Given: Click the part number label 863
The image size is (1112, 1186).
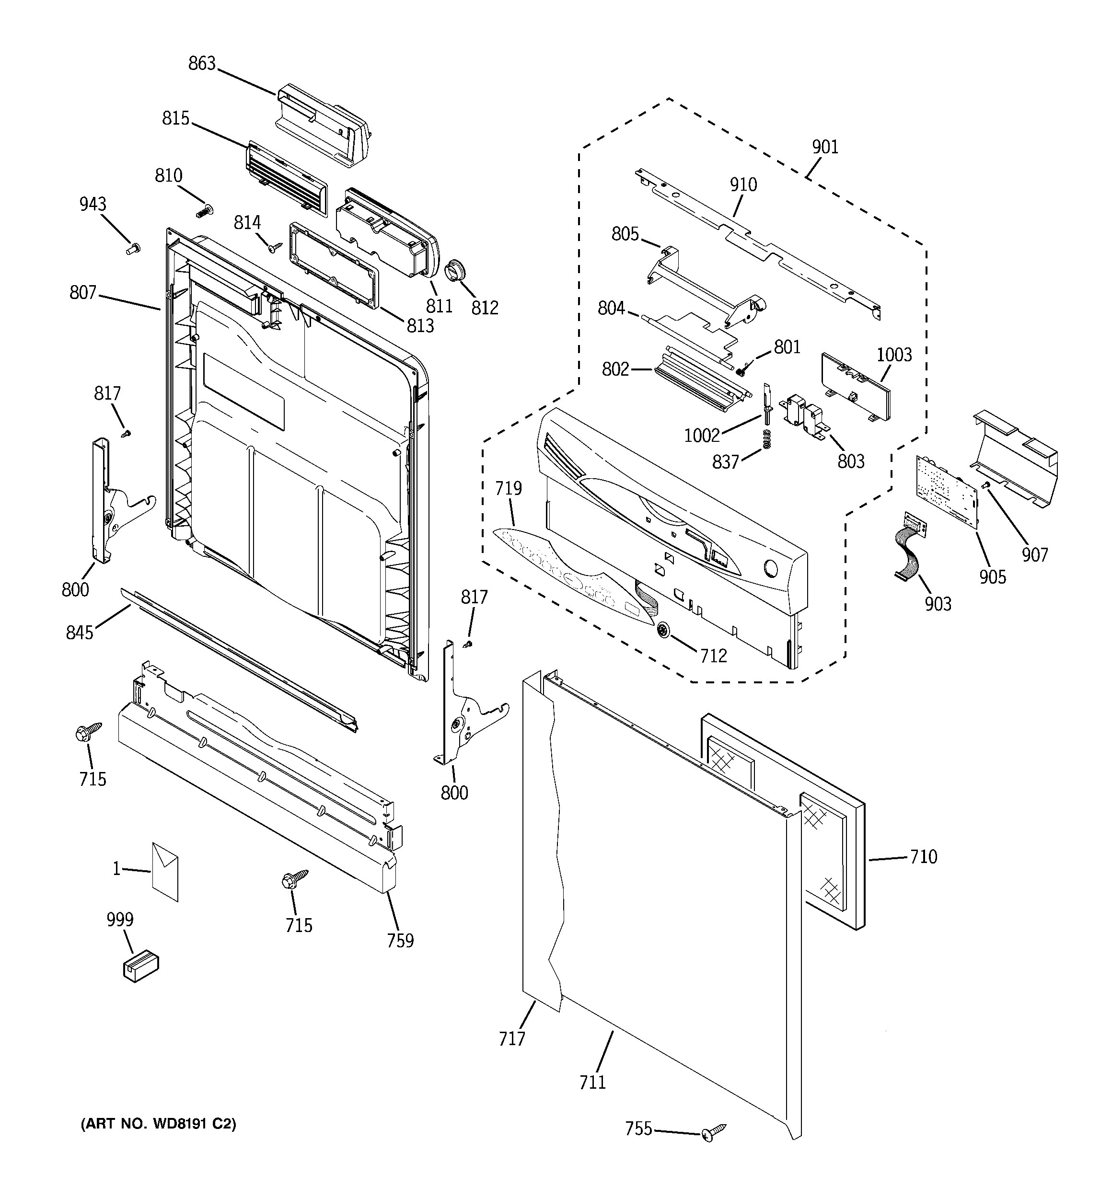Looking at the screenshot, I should [202, 64].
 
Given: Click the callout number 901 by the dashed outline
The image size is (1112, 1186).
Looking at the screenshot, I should [825, 147].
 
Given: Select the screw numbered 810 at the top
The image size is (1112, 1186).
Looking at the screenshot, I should [205, 210].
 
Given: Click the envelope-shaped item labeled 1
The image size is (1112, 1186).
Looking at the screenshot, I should [165, 872].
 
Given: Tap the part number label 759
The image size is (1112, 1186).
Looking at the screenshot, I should [400, 940].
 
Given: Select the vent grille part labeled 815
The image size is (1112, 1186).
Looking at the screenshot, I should [287, 178].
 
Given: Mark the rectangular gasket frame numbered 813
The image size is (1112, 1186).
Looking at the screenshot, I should [333, 265].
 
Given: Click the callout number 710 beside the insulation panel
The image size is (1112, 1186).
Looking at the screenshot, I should [923, 857].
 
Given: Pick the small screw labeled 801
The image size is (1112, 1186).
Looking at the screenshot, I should [741, 370].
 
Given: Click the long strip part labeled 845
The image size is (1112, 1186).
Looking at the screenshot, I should [239, 659].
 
